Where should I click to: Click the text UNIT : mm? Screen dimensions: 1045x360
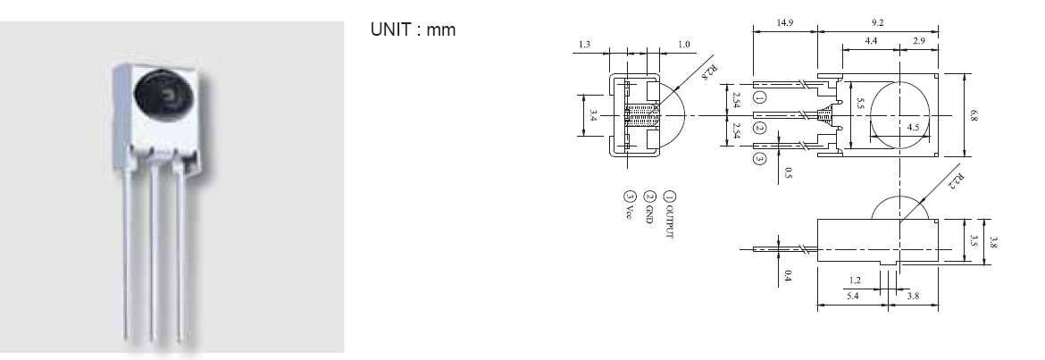point(414,30)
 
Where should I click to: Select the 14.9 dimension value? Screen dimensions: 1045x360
point(784,22)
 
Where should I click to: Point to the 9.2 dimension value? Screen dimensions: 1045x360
point(877,22)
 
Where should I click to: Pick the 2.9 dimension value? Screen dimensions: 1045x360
point(919,41)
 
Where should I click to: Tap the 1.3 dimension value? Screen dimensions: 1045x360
point(584,45)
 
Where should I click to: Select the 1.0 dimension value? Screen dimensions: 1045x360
point(684,45)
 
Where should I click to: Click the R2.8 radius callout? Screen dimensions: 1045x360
point(712,71)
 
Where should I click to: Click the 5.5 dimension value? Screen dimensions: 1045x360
point(860,104)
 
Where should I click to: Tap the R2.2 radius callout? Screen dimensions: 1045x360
point(957,181)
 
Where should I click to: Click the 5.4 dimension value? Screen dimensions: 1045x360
point(853,296)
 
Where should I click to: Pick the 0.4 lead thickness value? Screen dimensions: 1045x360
point(788,274)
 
